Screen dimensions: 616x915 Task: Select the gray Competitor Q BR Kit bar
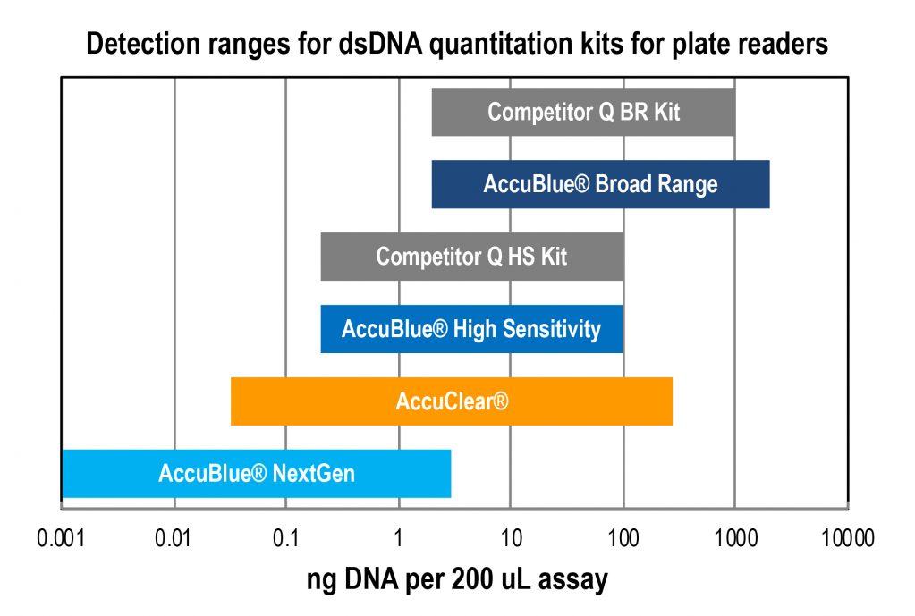click(583, 113)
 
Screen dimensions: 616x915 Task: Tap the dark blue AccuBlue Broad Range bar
click(600, 185)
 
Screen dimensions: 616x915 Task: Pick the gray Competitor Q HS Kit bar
click(471, 257)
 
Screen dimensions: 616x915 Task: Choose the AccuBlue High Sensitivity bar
click(471, 329)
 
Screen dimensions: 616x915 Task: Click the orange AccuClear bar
click(452, 401)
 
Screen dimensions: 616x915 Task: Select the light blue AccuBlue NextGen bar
click(256, 473)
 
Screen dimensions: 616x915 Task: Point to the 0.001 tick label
click(62, 538)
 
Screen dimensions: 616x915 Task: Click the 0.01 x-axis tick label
click(174, 538)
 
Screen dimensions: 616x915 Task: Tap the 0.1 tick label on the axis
click(286, 538)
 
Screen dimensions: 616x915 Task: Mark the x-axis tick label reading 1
click(399, 538)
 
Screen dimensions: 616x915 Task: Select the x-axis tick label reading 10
click(511, 538)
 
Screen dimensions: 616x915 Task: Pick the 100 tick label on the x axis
click(623, 538)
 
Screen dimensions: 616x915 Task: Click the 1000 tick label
click(735, 538)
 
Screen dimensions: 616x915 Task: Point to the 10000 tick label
click(845, 538)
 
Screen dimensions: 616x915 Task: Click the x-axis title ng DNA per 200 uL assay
click(457, 580)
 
